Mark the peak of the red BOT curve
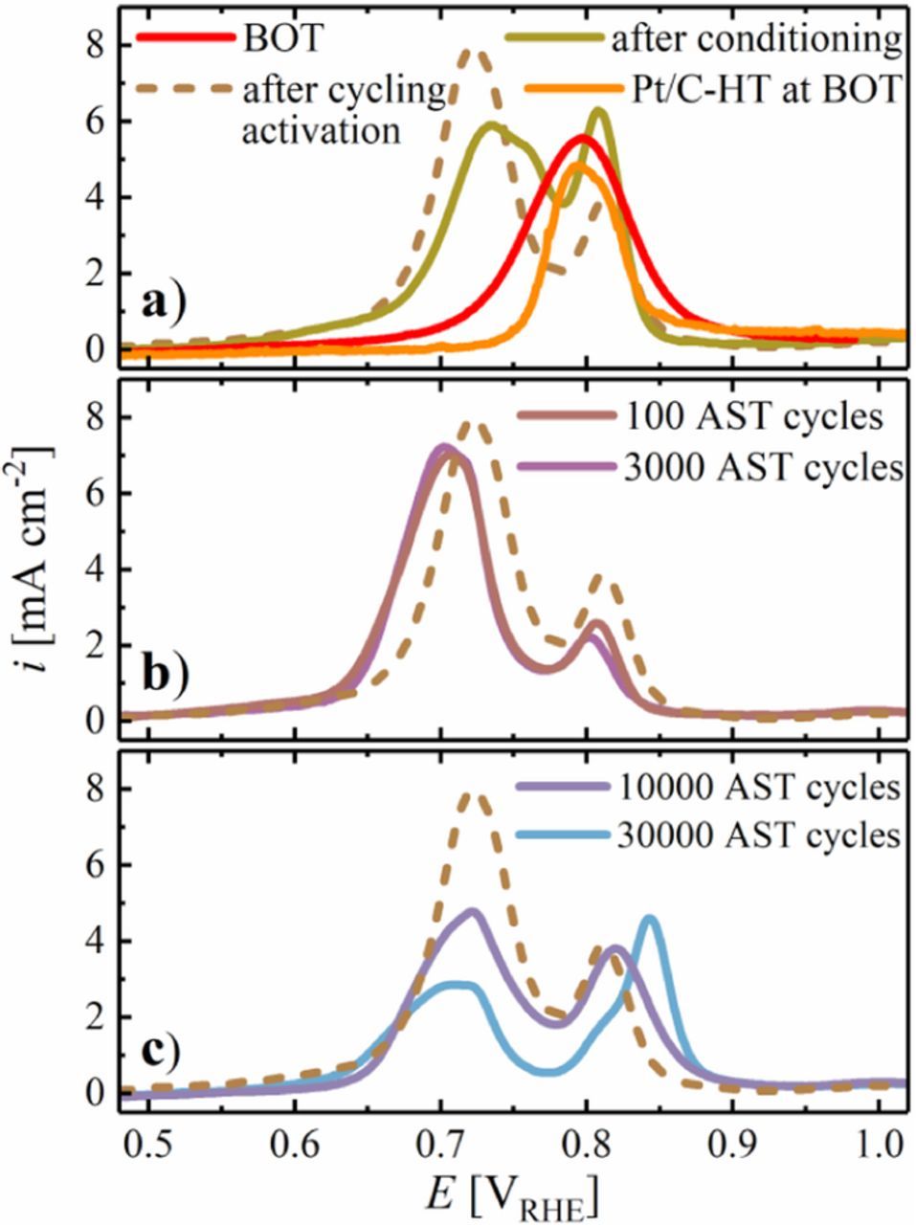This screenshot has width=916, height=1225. [581, 138]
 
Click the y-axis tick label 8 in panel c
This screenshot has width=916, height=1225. [95, 790]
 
